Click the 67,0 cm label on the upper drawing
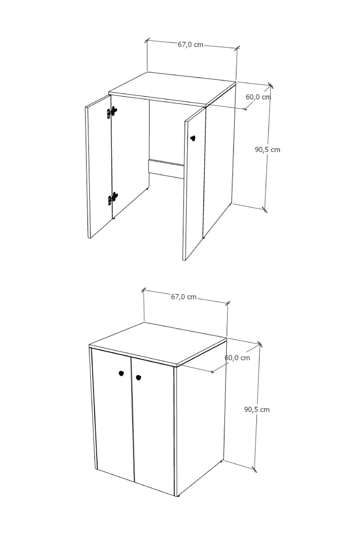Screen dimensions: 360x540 190,45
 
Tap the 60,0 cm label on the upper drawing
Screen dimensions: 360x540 258,97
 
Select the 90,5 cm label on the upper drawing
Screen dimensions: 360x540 267,150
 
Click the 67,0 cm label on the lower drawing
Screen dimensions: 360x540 184,297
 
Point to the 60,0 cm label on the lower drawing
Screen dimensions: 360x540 237,358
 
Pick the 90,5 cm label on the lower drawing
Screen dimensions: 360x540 257,409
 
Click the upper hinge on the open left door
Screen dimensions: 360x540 112,112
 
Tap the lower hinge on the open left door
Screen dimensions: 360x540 113,198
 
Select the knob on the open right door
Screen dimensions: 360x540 193,139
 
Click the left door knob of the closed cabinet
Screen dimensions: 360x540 121,373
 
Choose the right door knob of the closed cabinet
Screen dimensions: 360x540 139,378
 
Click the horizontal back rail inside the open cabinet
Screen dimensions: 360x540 166,169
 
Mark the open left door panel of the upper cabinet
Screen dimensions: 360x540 99,166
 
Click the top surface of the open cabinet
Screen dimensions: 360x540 172,89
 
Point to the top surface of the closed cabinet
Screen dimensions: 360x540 158,343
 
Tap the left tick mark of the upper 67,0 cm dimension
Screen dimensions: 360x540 147,40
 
